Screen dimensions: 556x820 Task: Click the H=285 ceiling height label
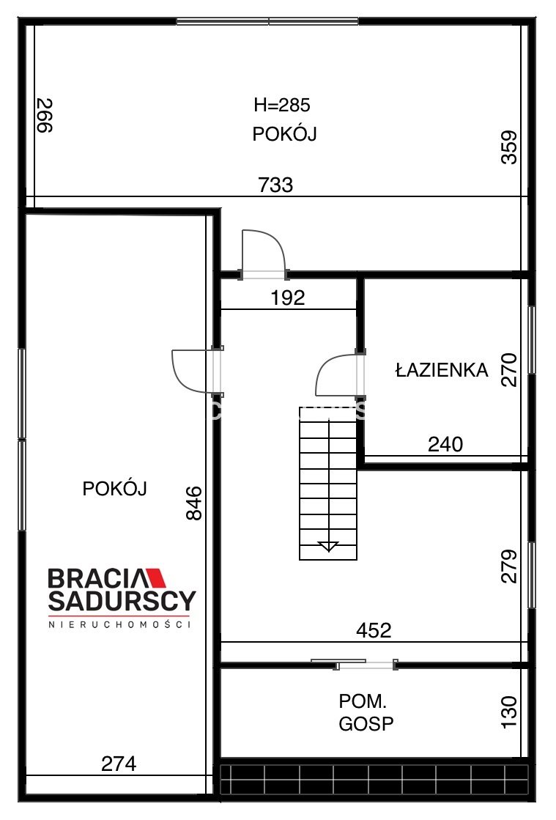click(282, 105)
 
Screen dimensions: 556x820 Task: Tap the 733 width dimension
click(276, 185)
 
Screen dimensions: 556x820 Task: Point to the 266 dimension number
click(45, 116)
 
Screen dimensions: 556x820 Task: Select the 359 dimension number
click(509, 147)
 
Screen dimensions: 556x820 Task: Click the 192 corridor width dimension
click(288, 298)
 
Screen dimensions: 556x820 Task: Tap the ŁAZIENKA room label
click(442, 370)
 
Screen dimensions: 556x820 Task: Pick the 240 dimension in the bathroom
click(445, 445)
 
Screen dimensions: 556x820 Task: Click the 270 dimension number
click(509, 370)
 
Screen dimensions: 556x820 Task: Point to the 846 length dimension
click(194, 503)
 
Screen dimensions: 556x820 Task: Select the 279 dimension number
click(509, 566)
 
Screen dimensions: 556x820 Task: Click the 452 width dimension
click(374, 631)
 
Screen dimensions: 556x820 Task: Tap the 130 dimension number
click(509, 712)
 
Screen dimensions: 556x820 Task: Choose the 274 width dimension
click(119, 764)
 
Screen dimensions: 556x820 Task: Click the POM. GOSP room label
click(366, 712)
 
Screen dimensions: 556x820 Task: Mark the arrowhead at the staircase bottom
click(328, 547)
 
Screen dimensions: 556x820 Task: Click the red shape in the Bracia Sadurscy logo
click(156, 577)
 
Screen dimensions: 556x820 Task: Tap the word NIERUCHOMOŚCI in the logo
click(119, 624)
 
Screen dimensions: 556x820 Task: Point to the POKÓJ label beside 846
click(114, 489)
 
